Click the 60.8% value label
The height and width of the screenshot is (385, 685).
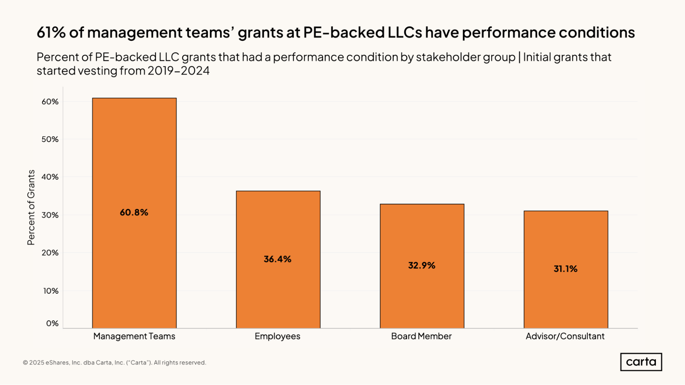click(134, 213)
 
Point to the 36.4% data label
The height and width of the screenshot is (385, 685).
click(278, 259)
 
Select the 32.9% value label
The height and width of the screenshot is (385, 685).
click(421, 266)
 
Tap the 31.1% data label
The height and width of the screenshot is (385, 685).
click(565, 269)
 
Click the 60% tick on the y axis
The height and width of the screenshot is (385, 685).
click(50, 102)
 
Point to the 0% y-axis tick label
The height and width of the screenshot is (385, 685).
click(52, 323)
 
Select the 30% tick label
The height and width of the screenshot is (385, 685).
click(50, 215)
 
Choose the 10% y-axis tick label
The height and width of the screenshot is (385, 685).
click(51, 291)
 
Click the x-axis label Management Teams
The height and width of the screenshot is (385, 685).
click(134, 336)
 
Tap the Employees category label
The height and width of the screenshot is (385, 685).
click(277, 336)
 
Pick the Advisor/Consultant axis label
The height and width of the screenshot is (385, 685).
click(565, 336)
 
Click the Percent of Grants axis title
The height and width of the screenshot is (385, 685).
click(31, 207)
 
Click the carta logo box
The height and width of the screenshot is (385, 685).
click(641, 362)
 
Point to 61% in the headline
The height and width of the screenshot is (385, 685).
click(51, 33)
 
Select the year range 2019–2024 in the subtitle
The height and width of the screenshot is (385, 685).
click(179, 71)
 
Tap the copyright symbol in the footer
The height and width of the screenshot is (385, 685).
click(25, 363)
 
